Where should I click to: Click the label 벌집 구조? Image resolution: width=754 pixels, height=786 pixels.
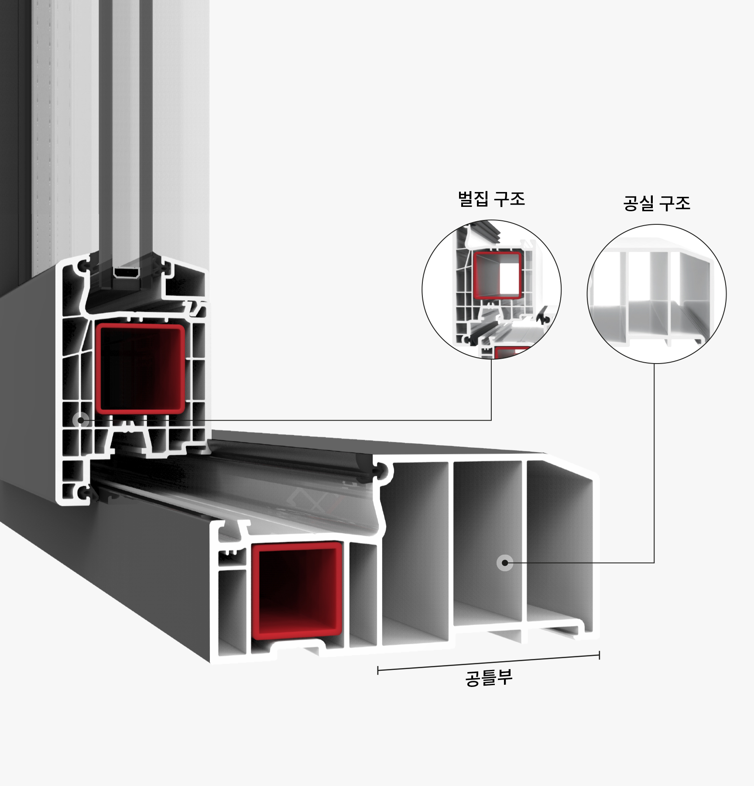pyautogui.click(x=491, y=199)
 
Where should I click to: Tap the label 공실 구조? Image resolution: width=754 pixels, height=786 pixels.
pyautogui.click(x=657, y=203)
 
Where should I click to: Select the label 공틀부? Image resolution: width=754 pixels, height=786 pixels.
pyautogui.click(x=489, y=678)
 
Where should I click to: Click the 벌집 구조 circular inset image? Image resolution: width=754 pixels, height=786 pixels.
pyautogui.click(x=491, y=289)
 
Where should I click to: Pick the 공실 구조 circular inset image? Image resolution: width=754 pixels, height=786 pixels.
pyautogui.click(x=656, y=294)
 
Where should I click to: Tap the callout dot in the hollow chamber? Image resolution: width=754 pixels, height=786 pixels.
pyautogui.click(x=505, y=563)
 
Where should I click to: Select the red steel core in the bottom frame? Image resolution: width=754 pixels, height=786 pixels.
pyautogui.click(x=297, y=589)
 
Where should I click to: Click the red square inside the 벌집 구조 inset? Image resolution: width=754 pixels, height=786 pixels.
pyautogui.click(x=498, y=275)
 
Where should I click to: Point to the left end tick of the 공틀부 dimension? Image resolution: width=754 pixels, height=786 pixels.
pyautogui.click(x=378, y=670)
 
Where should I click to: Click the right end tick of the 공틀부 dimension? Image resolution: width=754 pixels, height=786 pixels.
pyautogui.click(x=599, y=655)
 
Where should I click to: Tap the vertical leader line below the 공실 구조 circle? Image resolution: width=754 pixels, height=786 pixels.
pyautogui.click(x=654, y=458)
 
